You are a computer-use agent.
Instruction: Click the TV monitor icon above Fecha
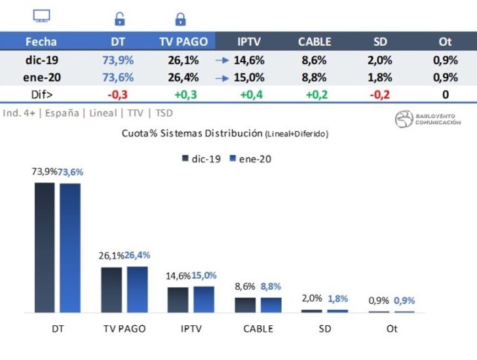point(41,17)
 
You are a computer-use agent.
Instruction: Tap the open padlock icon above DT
point(119,19)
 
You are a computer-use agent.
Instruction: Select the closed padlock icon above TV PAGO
point(180,19)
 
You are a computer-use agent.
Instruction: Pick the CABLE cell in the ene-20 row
point(315,77)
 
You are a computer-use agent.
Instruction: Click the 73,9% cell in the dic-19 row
point(118,60)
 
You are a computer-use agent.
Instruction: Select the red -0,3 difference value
point(118,94)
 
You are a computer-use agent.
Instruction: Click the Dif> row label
point(41,94)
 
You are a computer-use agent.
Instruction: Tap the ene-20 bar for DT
point(70,247)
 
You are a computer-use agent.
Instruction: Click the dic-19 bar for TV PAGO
point(111,289)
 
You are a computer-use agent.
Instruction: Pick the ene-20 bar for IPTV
point(204,299)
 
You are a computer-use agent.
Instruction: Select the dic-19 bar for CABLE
point(245,305)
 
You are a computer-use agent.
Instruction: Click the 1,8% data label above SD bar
point(338,298)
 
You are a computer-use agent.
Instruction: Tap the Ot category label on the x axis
point(391,329)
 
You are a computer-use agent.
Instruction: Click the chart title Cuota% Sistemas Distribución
point(225,133)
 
